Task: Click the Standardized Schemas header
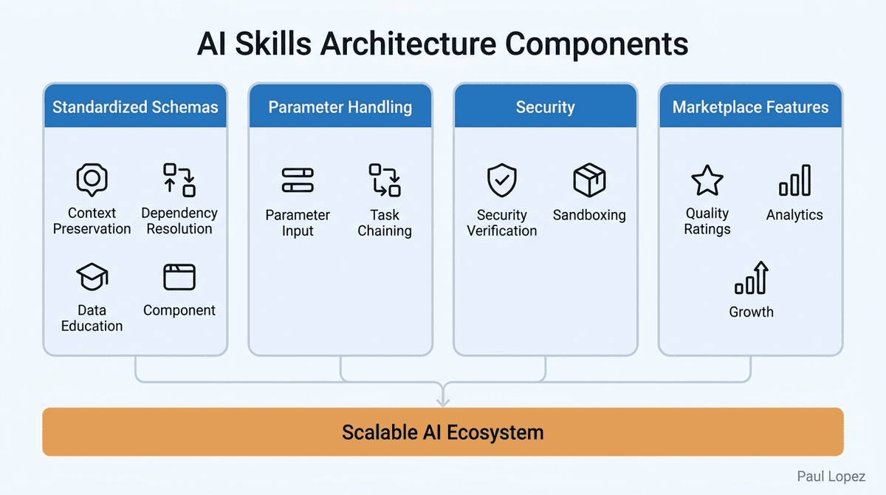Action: tap(135, 106)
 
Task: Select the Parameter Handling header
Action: tap(340, 106)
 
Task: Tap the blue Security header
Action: tap(545, 106)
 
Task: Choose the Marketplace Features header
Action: tap(750, 106)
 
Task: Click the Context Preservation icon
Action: tap(92, 180)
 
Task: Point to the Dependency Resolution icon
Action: tap(179, 180)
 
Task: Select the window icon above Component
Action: tap(179, 277)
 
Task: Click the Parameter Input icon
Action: tap(298, 180)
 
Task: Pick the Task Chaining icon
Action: tap(385, 180)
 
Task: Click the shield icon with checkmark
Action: tap(502, 180)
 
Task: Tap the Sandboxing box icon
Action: tap(589, 180)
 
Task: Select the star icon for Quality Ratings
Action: tap(707, 180)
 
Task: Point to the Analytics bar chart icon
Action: tap(794, 180)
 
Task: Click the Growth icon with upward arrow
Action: tap(752, 279)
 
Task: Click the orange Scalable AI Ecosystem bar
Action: tap(443, 432)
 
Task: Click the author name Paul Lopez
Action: tap(831, 477)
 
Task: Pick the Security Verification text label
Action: tap(502, 223)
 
